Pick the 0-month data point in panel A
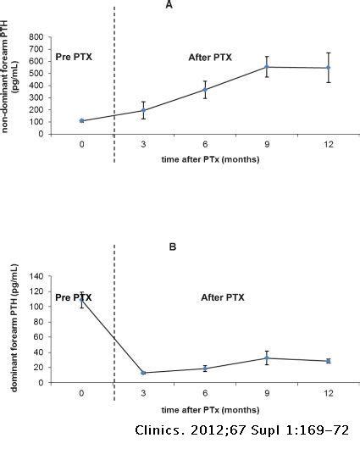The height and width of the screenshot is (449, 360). [x=81, y=120]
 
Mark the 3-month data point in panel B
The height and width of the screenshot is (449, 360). [x=143, y=373]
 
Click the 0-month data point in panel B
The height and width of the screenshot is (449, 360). [x=81, y=298]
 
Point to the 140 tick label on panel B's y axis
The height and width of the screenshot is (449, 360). [x=36, y=276]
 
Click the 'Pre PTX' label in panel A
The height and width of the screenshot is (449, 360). [x=73, y=56]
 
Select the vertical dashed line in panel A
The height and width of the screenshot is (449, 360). [x=114, y=85]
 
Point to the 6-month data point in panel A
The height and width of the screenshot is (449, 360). [x=204, y=90]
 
